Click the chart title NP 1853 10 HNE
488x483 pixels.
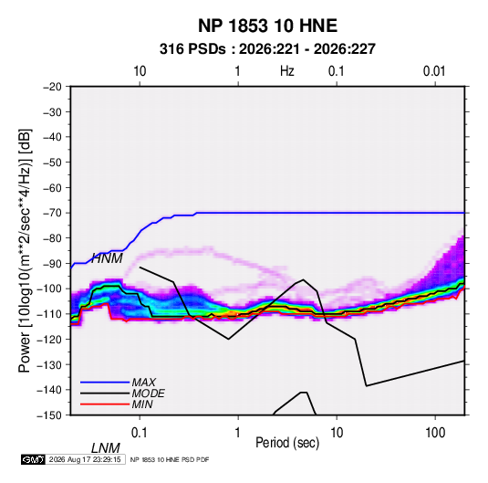pos(267,26)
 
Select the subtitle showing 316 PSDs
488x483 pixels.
pos(267,49)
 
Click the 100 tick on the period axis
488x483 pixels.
pos(435,433)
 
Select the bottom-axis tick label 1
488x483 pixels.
pos(238,433)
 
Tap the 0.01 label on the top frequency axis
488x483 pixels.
pos(434,71)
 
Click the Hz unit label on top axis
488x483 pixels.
pos(287,71)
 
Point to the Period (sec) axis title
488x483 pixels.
pos(287,443)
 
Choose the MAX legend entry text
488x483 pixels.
pos(144,383)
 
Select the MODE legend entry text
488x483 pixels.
pos(148,394)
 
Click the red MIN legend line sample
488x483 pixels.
pos(105,404)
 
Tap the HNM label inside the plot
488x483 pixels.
pos(107,258)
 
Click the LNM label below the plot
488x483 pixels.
pos(106,448)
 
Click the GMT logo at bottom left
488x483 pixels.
pos(34,459)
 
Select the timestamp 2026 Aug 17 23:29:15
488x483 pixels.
pos(85,459)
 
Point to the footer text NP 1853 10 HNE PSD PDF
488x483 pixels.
pos(170,459)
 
